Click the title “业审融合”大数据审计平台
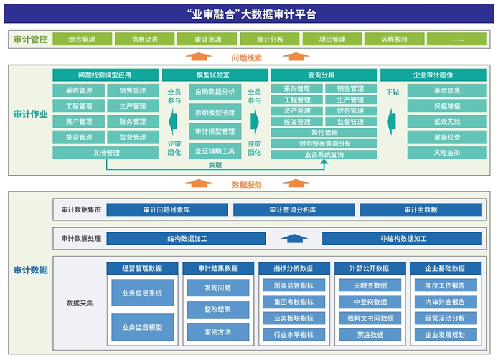(251, 14)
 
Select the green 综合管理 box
(82, 39)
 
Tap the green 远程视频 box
(394, 39)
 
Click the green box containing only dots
(457, 39)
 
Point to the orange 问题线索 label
(247, 58)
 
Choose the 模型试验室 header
(215, 75)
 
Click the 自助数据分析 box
(215, 92)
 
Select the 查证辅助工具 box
(215, 151)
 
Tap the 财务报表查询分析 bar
(324, 144)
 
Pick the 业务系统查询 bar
(324, 154)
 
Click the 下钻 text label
(393, 92)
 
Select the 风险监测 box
(447, 153)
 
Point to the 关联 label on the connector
(215, 165)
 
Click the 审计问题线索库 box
(167, 210)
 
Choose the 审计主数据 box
(421, 210)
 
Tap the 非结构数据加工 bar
(402, 239)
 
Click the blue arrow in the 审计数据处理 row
(294, 239)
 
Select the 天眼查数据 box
(370, 285)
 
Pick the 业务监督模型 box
(143, 327)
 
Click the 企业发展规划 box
(445, 334)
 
